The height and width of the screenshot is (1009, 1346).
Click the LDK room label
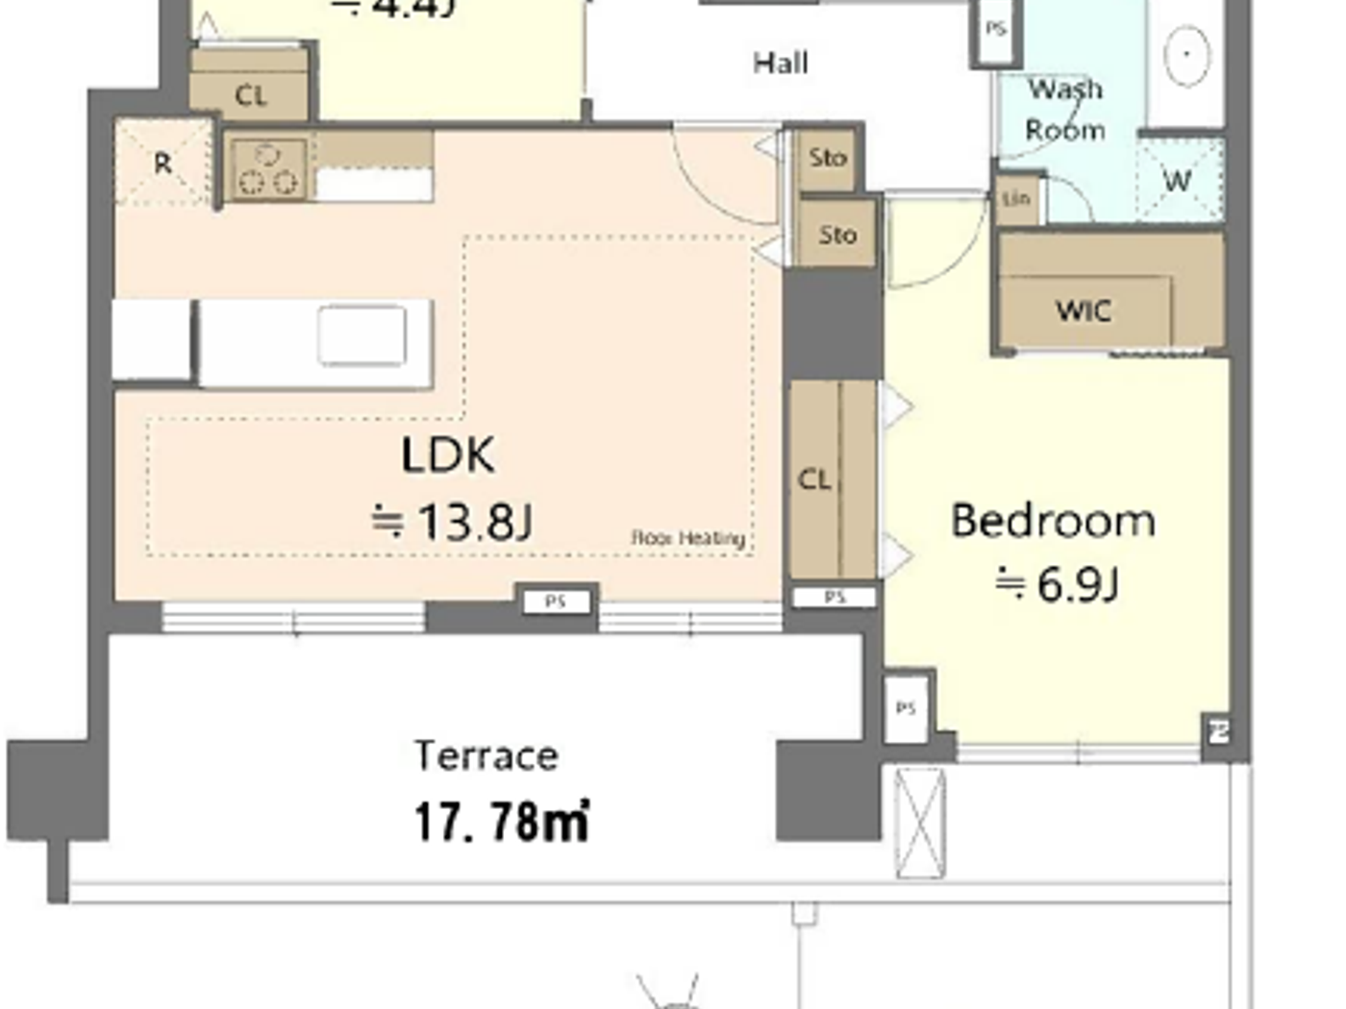click(448, 455)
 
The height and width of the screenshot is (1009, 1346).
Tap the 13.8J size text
click(453, 523)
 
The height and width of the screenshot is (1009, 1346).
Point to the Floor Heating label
click(688, 538)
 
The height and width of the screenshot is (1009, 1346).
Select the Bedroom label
click(1053, 521)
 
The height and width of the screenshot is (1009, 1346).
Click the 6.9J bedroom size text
click(1058, 584)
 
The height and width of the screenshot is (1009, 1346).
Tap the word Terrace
click(486, 756)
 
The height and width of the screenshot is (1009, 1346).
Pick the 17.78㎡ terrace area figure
click(501, 823)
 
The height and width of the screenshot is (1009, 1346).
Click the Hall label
click(780, 64)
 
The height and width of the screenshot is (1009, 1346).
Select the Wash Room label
click(1065, 110)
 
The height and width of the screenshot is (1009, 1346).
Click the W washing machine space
click(1178, 181)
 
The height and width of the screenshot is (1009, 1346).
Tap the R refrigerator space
click(162, 163)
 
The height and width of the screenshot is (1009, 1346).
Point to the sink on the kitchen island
click(362, 335)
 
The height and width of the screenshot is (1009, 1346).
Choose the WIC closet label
click(1084, 311)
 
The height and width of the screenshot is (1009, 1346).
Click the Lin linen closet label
click(1017, 199)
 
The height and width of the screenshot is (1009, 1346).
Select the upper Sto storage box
click(828, 158)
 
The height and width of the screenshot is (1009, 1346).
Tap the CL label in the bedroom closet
click(814, 480)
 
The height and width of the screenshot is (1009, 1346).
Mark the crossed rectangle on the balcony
click(920, 823)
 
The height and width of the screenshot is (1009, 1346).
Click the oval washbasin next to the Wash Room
click(1187, 55)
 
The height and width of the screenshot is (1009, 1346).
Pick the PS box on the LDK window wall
click(556, 603)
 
